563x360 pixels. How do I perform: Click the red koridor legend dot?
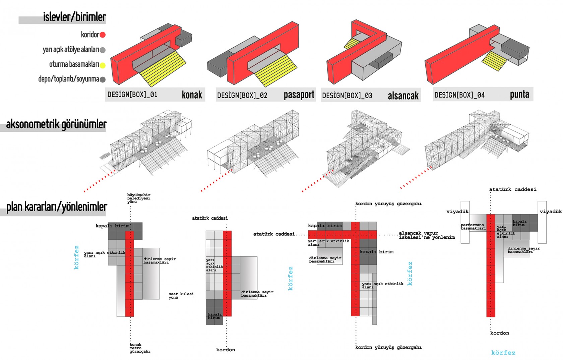(x=103, y=35)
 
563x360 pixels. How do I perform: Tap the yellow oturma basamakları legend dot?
(x=103, y=65)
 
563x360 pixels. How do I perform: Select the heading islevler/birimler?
(x=74, y=17)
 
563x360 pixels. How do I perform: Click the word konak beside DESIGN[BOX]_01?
(x=192, y=95)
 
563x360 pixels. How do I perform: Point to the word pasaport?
(x=299, y=95)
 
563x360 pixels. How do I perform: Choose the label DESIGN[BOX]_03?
(x=347, y=96)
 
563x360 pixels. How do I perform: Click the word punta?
(x=519, y=95)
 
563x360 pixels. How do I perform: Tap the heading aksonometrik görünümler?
(x=56, y=124)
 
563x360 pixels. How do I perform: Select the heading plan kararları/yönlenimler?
(x=57, y=207)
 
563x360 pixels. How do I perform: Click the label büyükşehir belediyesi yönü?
(x=138, y=198)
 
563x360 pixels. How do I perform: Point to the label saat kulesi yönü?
(x=181, y=296)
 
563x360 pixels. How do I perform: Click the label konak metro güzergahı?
(x=140, y=348)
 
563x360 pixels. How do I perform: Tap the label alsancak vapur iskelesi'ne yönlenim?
(x=427, y=235)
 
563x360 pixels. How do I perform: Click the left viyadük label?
(x=457, y=212)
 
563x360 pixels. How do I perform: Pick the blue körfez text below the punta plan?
(x=503, y=353)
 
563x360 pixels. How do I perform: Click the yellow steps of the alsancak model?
(x=352, y=43)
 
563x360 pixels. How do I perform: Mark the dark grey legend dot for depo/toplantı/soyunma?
(x=103, y=80)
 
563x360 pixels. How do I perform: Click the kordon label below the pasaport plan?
(x=226, y=350)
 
